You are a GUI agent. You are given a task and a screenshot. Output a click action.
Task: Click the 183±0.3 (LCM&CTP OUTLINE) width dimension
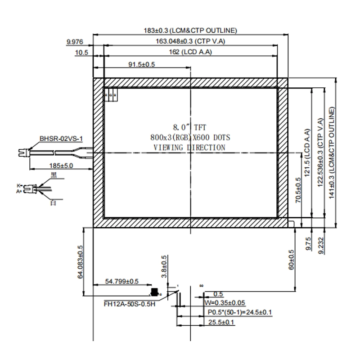tap(190, 31)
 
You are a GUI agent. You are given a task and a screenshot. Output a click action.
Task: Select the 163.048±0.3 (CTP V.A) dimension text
tap(190, 41)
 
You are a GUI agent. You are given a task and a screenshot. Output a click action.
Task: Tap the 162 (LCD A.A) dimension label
tap(190, 53)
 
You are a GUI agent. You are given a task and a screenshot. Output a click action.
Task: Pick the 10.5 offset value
tap(81, 53)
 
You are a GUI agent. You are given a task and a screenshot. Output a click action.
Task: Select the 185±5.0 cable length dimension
tap(62, 166)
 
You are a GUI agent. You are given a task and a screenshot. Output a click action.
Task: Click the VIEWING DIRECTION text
tap(189, 147)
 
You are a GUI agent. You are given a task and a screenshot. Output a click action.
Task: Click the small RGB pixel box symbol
tap(111, 96)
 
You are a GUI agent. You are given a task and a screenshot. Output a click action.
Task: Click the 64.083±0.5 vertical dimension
tap(81, 262)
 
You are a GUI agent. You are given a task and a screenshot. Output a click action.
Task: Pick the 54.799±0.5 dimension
tap(122, 281)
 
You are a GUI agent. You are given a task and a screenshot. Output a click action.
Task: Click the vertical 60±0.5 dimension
tap(291, 260)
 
